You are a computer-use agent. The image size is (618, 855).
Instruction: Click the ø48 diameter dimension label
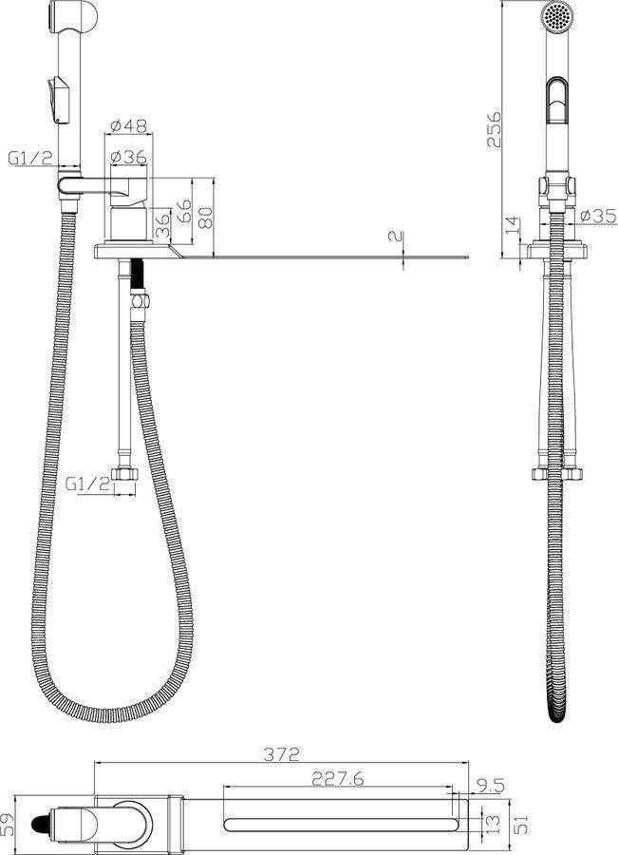point(128,126)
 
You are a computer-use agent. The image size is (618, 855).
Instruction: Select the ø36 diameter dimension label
point(128,157)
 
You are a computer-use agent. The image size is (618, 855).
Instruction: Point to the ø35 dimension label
point(598,216)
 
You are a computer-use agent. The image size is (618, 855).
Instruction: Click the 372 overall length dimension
point(281,754)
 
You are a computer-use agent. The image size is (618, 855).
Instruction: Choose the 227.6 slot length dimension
point(337,779)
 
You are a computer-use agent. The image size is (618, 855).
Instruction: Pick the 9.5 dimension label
point(491,786)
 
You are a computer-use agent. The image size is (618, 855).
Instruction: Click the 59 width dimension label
point(9,825)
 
